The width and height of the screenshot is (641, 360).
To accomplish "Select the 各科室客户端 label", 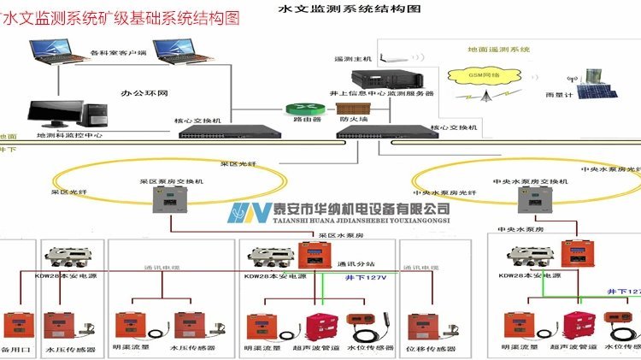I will (x=118, y=53).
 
